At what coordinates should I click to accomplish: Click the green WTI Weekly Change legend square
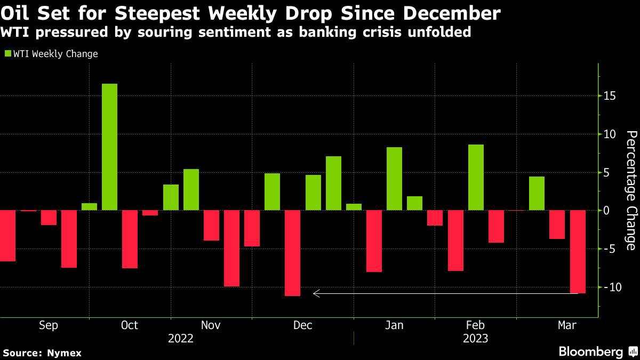[x=7, y=54]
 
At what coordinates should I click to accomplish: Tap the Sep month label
[x=49, y=325]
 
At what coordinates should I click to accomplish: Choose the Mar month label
[x=566, y=325]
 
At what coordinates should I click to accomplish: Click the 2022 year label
[x=181, y=338]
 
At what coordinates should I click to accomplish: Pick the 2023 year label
[x=475, y=338]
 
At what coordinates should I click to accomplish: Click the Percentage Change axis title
[x=631, y=190]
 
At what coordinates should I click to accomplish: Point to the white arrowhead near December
[x=316, y=293]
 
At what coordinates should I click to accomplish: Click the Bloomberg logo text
[x=590, y=352]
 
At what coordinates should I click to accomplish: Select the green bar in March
[x=537, y=194]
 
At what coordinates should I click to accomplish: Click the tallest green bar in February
[x=476, y=178]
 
